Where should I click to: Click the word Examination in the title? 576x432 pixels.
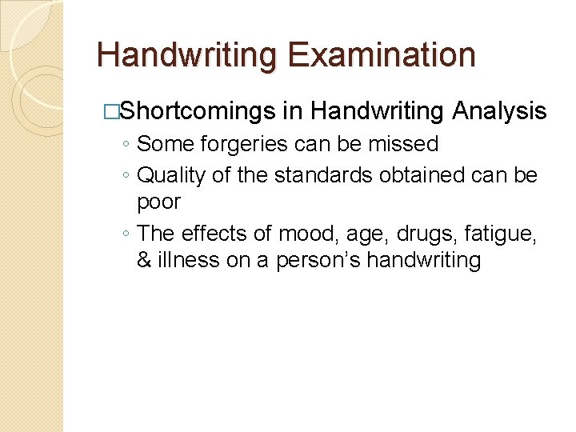click(x=382, y=55)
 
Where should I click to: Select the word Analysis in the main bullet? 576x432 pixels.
click(x=499, y=112)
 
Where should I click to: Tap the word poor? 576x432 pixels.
click(x=158, y=202)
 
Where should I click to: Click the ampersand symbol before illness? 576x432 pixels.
click(x=144, y=261)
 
